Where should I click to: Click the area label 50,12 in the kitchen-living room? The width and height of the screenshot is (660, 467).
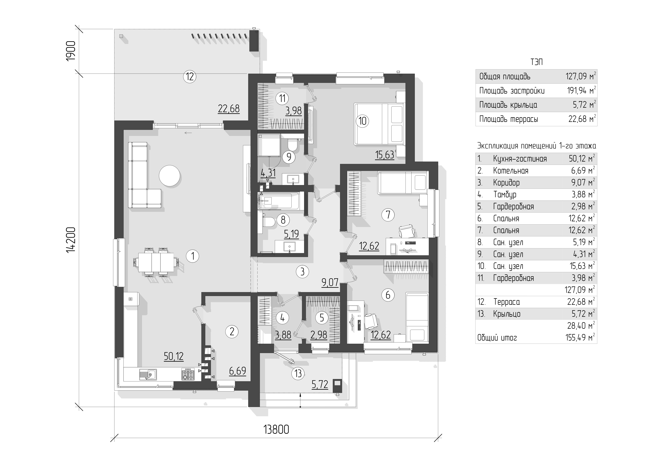[174, 357]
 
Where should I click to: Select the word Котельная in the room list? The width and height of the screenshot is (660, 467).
[510, 171]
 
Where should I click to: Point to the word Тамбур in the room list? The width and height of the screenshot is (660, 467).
[505, 195]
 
